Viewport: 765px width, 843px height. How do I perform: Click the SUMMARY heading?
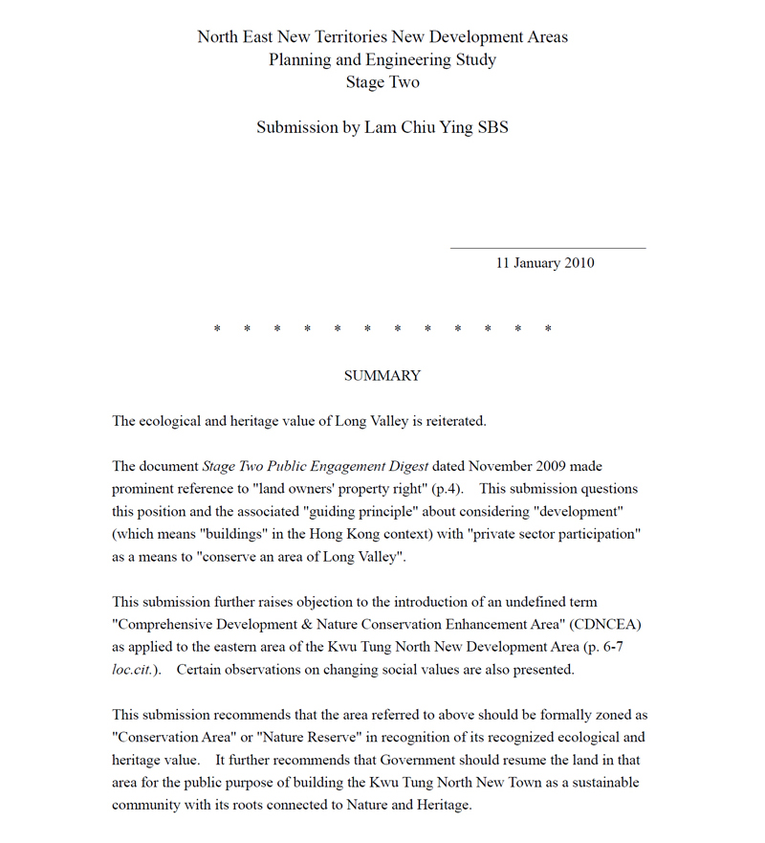click(x=382, y=376)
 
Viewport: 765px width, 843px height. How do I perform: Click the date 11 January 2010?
click(x=544, y=263)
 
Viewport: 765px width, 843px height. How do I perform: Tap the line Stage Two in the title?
click(x=382, y=82)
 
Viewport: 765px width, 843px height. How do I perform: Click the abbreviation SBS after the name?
click(x=492, y=127)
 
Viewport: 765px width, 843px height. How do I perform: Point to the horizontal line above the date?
click(x=547, y=249)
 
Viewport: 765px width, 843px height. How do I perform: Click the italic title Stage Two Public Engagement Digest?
click(x=315, y=467)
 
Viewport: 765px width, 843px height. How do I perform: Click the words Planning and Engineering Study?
click(x=382, y=59)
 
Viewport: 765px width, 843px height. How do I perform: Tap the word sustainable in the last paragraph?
click(x=601, y=783)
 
